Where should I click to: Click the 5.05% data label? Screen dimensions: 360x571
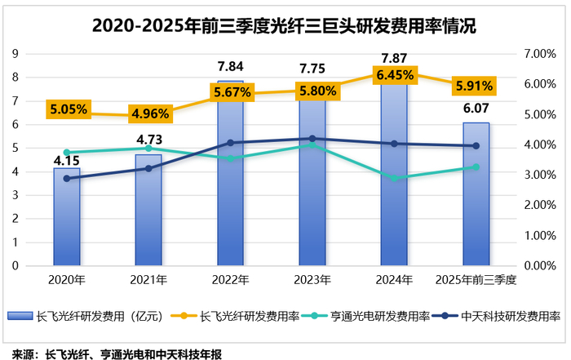coord(68,107)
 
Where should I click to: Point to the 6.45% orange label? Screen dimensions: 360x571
coord(396,75)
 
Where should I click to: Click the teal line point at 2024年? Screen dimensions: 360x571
coord(395,178)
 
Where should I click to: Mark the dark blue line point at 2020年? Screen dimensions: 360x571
coord(67,178)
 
